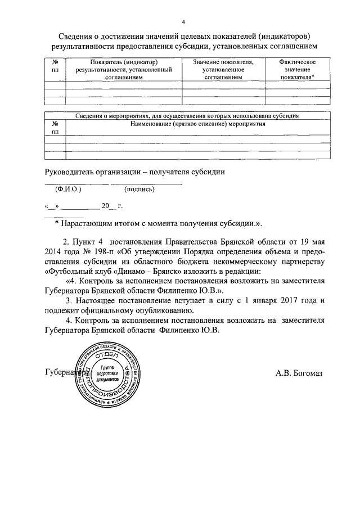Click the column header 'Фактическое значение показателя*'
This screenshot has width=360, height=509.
click(x=297, y=69)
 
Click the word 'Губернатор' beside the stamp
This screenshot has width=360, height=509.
click(x=62, y=373)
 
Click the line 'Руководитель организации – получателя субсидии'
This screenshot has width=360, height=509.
click(x=135, y=172)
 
